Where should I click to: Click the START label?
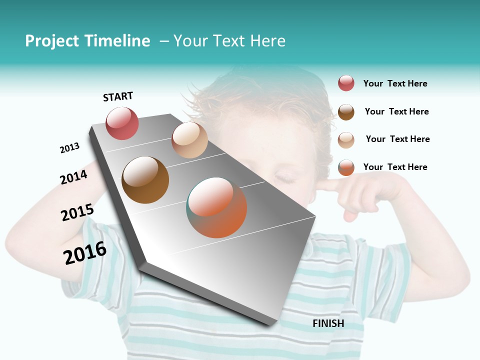point(118,96)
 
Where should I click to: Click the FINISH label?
point(328,323)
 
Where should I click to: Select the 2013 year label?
point(69,147)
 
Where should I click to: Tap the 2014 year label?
point(73,177)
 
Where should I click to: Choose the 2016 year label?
point(85,253)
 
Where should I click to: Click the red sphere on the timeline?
point(122,123)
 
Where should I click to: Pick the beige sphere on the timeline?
point(189,140)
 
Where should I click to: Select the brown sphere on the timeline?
point(145,180)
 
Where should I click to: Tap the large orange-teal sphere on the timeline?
point(217,207)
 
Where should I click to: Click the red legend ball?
point(346,83)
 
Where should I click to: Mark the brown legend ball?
point(346,111)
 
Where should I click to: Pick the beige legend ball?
point(346,139)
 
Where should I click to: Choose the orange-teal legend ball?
point(346,167)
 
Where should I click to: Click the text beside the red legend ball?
point(395,83)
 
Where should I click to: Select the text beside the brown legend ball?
point(396,111)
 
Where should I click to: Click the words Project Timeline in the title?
point(87,41)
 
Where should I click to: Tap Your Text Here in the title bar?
point(229,41)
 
